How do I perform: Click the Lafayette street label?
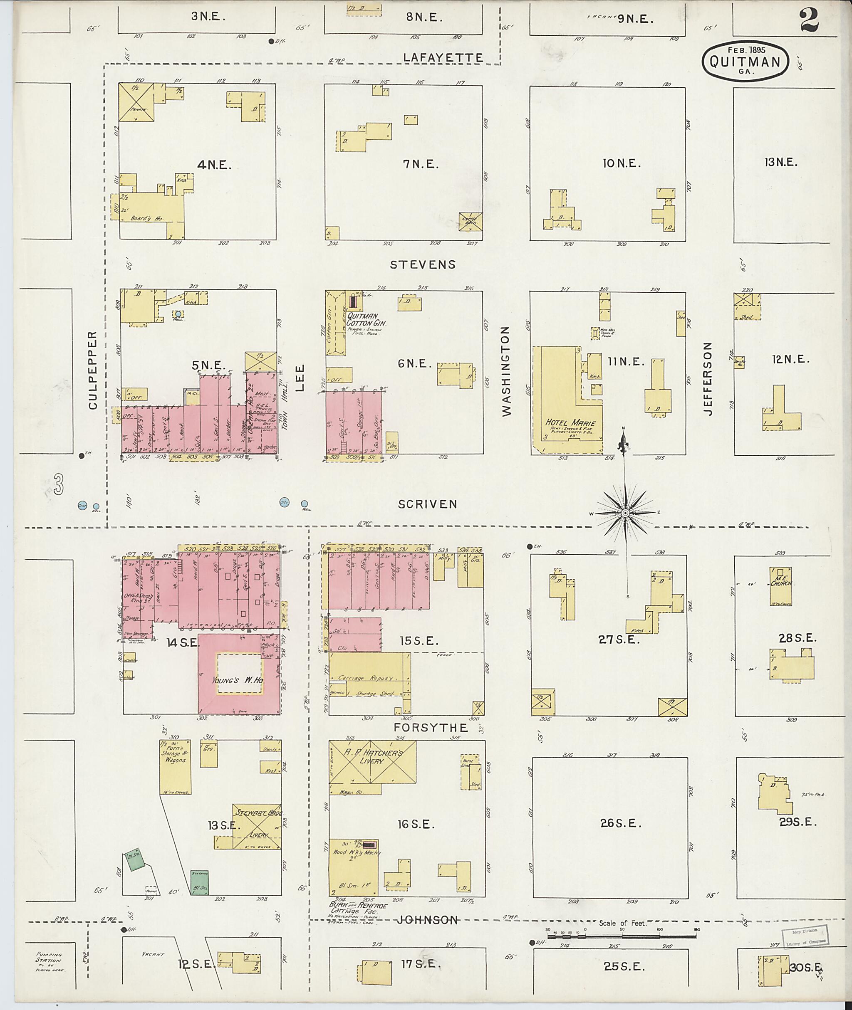[x=443, y=58]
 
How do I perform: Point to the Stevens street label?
[x=423, y=264]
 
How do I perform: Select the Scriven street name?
[x=427, y=504]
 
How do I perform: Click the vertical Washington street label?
[x=506, y=371]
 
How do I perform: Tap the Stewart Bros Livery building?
[x=256, y=825]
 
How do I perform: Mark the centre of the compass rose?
[x=625, y=513]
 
